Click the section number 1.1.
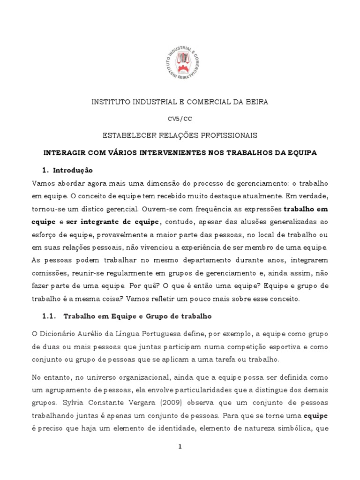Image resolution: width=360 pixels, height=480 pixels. tap(49, 316)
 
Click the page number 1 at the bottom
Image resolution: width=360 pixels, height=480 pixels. tap(180, 447)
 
